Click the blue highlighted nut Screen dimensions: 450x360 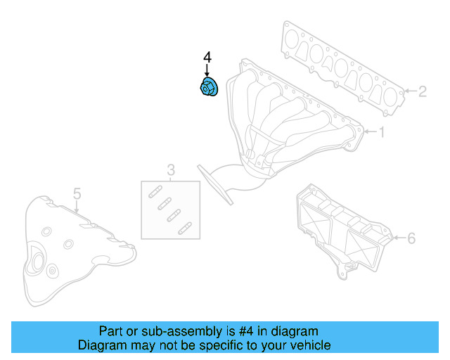[x=209, y=86]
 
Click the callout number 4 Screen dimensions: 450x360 [x=207, y=57]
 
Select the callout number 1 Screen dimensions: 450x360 [x=381, y=132]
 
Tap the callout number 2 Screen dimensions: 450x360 [x=422, y=91]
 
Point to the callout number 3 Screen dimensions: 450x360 [x=171, y=170]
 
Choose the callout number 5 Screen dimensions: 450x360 [x=77, y=194]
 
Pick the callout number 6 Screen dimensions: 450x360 [x=411, y=238]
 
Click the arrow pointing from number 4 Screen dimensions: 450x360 [x=207, y=70]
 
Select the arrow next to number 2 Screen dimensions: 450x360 [x=410, y=91]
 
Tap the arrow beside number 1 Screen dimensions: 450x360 [x=371, y=131]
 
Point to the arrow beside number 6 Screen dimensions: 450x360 [x=399, y=238]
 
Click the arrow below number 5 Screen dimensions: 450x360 [x=77, y=207]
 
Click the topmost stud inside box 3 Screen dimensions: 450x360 [x=155, y=192]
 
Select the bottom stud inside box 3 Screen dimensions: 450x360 [x=185, y=229]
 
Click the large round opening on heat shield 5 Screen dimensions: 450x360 [x=38, y=262]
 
